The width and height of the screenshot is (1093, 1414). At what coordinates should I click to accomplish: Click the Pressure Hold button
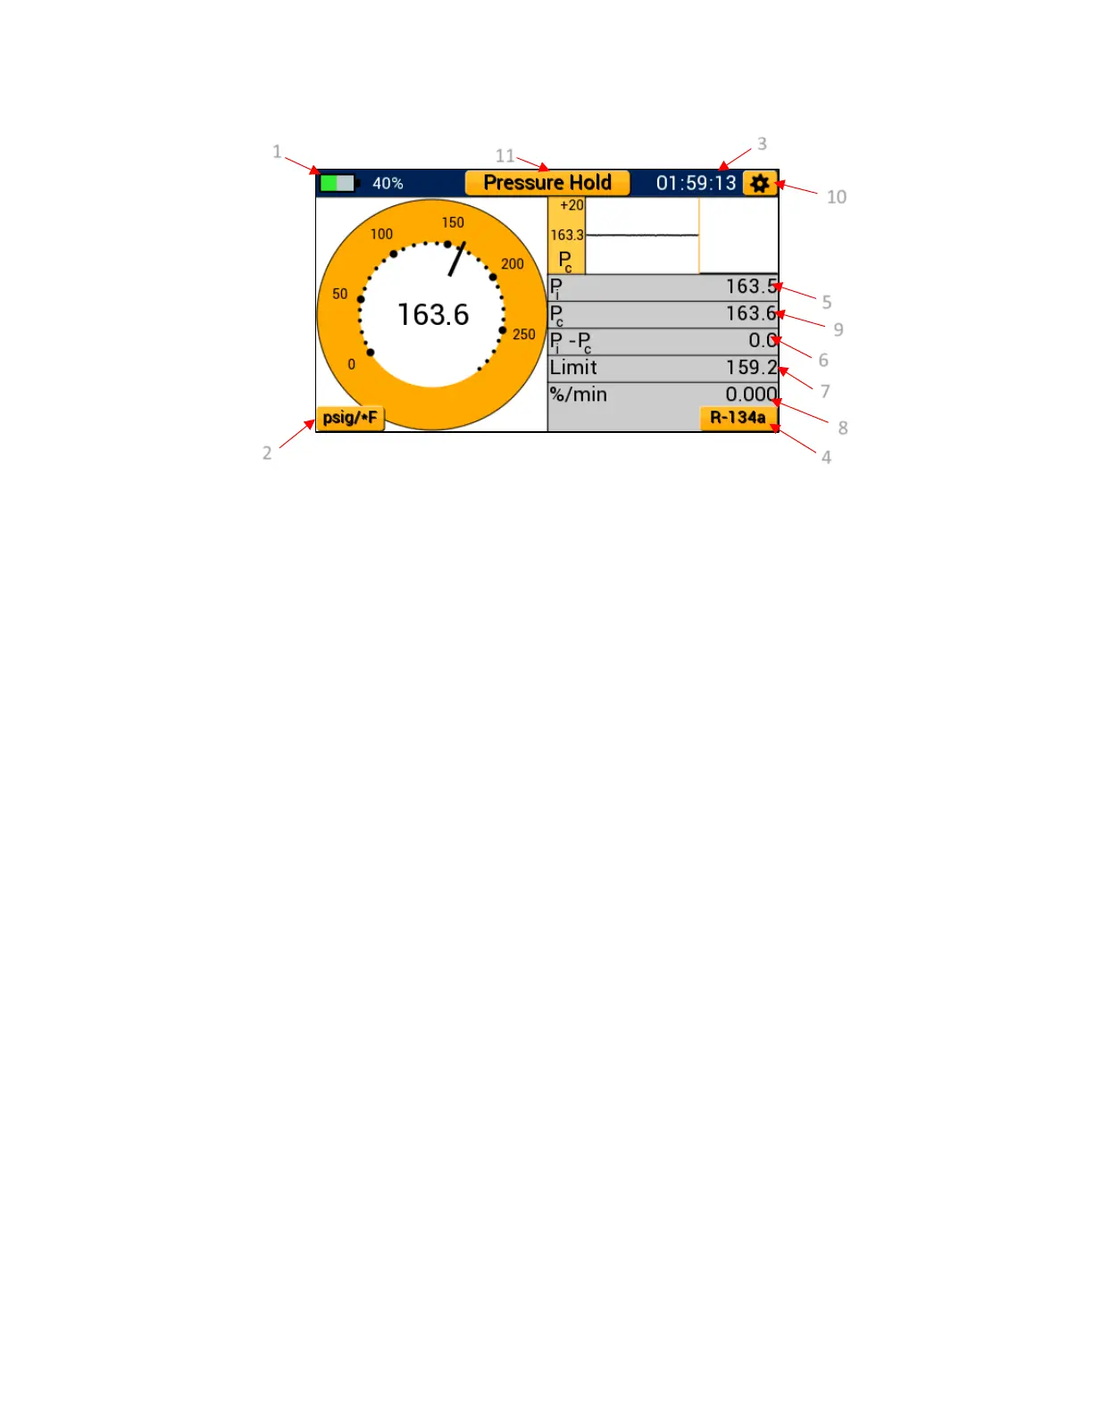[546, 183]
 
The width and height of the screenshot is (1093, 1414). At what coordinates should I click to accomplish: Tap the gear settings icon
[759, 184]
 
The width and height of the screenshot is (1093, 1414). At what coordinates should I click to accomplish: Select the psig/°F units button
[350, 418]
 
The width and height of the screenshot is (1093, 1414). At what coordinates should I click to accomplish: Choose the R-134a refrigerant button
[738, 418]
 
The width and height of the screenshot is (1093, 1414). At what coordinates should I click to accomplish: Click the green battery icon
[338, 183]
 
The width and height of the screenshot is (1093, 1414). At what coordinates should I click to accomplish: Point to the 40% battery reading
[388, 184]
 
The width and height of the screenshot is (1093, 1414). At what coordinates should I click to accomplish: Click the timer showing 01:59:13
[696, 184]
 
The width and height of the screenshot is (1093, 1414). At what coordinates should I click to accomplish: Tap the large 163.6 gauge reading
[433, 314]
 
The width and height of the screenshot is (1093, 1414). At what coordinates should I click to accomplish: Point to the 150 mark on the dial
[453, 222]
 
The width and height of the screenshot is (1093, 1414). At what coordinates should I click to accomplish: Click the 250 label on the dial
[523, 335]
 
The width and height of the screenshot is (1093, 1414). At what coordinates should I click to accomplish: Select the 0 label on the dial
[351, 364]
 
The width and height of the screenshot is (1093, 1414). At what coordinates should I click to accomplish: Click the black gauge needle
[457, 258]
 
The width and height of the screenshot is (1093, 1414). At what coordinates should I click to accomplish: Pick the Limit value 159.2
[751, 368]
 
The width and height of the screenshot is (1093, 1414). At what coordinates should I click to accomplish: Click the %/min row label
[578, 395]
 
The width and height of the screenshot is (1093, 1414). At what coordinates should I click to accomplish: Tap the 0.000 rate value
[751, 395]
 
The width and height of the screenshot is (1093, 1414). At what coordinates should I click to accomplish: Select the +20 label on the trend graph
[572, 205]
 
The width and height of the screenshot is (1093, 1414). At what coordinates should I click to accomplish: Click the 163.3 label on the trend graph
[567, 236]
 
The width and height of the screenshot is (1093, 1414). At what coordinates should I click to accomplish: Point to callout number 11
[505, 155]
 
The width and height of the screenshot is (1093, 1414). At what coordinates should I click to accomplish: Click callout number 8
[842, 428]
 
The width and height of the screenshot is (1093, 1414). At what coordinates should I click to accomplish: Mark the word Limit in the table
[573, 368]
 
